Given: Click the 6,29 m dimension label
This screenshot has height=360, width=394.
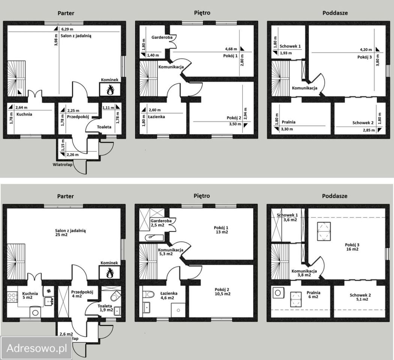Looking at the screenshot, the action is click(x=67, y=29).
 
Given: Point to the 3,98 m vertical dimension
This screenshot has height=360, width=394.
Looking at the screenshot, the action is click(x=56, y=40).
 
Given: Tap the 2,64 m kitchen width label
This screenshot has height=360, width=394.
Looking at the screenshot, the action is click(x=21, y=108).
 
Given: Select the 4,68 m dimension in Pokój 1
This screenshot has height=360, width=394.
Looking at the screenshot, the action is click(x=231, y=49).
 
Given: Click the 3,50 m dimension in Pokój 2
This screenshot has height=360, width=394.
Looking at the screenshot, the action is click(x=235, y=124).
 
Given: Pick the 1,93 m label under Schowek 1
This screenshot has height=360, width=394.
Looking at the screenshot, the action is click(x=286, y=53).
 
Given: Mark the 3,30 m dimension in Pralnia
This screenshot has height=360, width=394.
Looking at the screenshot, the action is click(x=287, y=129).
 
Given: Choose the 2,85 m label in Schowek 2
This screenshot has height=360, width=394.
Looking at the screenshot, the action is click(x=368, y=130).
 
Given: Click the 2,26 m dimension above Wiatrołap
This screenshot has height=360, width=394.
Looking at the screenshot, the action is click(x=72, y=154).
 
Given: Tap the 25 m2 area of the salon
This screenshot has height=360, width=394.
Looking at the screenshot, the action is click(x=61, y=235).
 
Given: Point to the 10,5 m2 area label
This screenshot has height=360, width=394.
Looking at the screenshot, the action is click(x=223, y=294).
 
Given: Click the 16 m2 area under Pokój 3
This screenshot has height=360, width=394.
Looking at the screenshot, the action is click(x=352, y=249).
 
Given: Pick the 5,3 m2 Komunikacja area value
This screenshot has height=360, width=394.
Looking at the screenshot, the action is click(x=166, y=254).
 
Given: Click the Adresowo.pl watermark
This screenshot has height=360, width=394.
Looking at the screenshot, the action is click(x=37, y=348).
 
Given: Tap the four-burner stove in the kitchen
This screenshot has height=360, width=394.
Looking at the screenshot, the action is click(x=12, y=297).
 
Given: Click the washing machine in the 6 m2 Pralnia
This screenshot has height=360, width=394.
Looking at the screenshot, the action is click(x=278, y=293).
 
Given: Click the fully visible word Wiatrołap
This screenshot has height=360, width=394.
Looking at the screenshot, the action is click(x=63, y=165).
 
